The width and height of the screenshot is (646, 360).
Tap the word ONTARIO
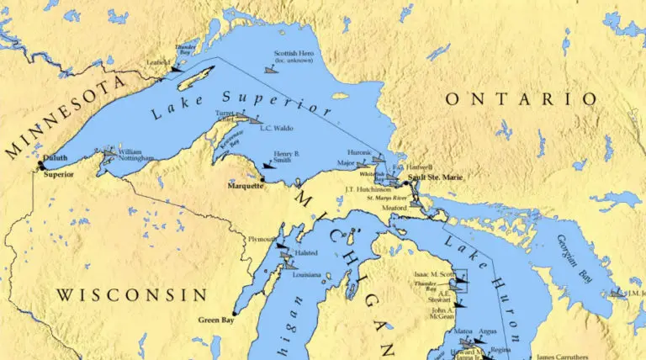pyautogui.click(x=521, y=99)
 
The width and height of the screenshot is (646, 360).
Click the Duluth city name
pyautogui.click(x=55, y=157)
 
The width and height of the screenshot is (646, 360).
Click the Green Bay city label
pyautogui.click(x=216, y=320)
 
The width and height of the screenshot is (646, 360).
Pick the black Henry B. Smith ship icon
pyautogui.click(x=268, y=165)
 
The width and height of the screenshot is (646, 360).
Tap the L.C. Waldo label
pyautogui.click(x=252, y=129)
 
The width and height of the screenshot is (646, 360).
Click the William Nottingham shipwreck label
pyautogui.click(x=135, y=155)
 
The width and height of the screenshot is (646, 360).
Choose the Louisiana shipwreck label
pyautogui.click(x=305, y=274)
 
